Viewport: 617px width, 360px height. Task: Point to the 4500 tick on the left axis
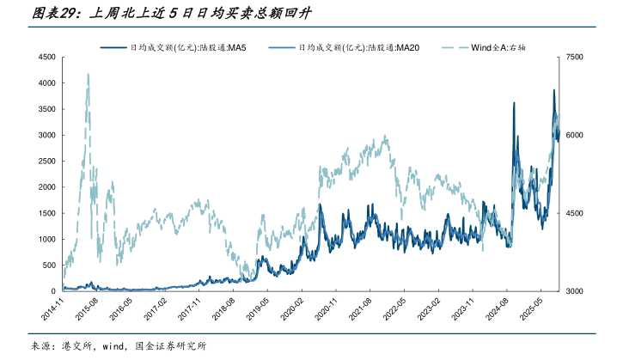coord(46,58)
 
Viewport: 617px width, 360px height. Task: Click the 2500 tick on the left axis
coord(46,162)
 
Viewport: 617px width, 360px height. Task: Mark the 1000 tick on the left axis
coord(46,239)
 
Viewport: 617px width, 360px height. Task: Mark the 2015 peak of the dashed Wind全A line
coord(89,75)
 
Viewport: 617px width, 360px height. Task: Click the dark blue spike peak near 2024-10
coord(514,103)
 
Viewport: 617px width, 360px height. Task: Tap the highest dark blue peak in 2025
coord(553,90)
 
